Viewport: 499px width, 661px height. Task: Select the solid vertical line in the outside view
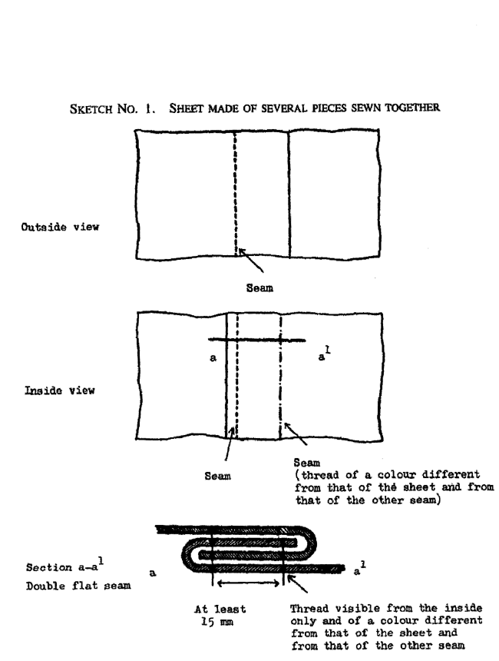point(288,192)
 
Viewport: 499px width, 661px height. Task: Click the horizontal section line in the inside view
point(256,339)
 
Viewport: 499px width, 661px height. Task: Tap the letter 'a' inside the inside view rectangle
point(213,358)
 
